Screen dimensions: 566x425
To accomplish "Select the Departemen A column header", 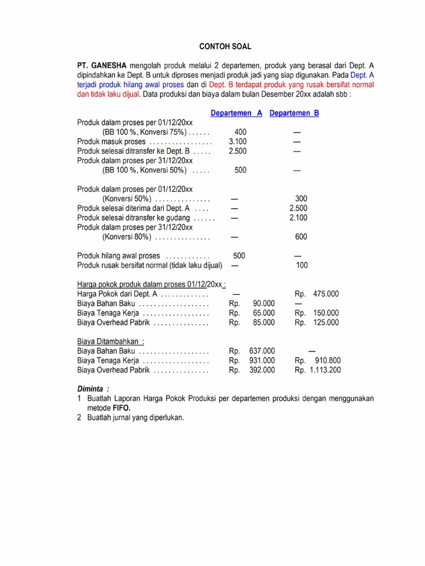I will pyautogui.click(x=236, y=113).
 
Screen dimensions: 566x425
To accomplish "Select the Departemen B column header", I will pyautogui.click(x=294, y=113).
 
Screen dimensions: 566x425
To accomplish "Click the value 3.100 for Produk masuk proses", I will pyautogui.click(x=238, y=141).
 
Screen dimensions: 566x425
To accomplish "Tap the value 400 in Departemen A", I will pyautogui.click(x=240, y=132).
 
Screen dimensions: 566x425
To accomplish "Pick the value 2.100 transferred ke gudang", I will pyautogui.click(x=299, y=218).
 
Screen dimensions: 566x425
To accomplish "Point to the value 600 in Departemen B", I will pyautogui.click(x=301, y=237).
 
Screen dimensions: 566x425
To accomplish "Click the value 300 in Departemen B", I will pyautogui.click(x=301, y=198).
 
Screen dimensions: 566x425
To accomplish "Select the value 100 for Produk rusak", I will pyautogui.click(x=302, y=265).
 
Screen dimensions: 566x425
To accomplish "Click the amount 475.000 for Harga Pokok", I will pyautogui.click(x=326, y=294).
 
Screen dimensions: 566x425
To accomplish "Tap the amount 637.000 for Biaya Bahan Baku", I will pyautogui.click(x=261, y=351).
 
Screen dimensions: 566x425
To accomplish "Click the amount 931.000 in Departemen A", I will pyautogui.click(x=261, y=360).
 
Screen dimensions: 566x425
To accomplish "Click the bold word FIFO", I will pyautogui.click(x=122, y=408).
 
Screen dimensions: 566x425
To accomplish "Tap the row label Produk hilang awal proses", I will pyautogui.click(x=118, y=256).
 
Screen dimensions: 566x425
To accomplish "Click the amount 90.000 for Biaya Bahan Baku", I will pyautogui.click(x=263, y=303).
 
